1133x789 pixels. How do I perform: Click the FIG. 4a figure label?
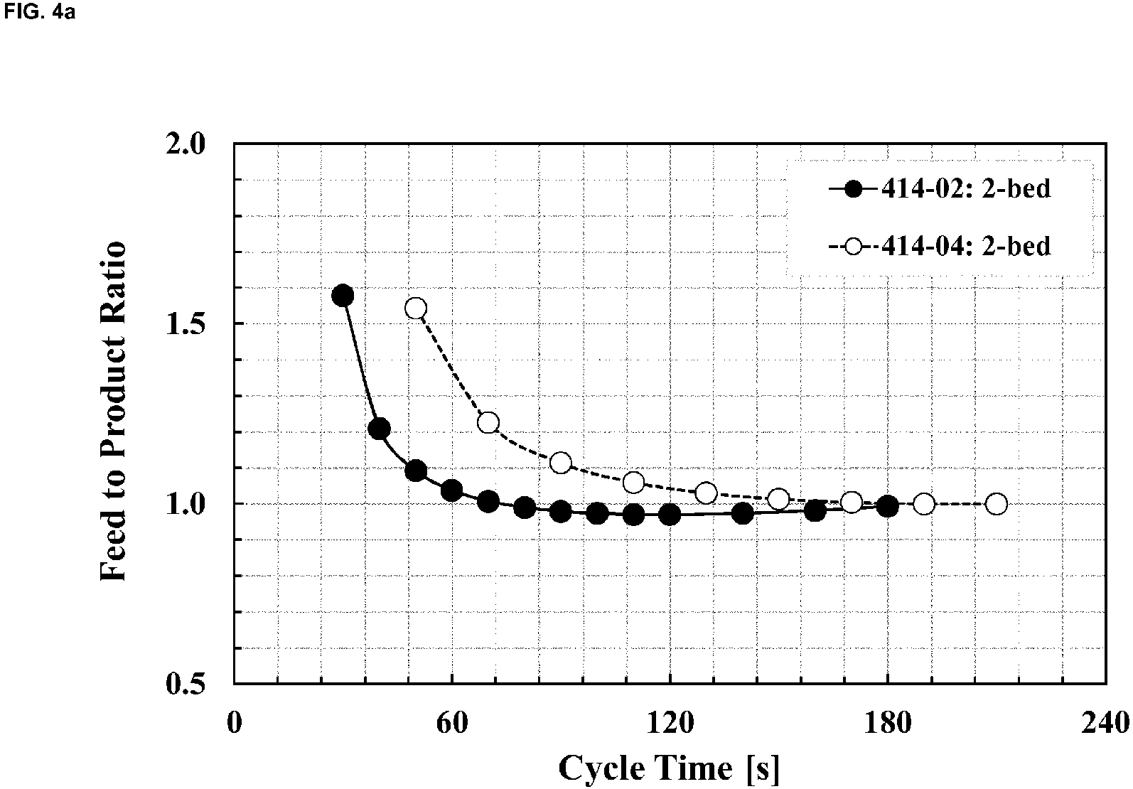40,11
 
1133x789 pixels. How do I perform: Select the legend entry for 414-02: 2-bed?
940,189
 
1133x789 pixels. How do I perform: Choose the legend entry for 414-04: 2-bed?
940,247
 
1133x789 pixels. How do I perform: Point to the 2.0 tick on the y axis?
186,144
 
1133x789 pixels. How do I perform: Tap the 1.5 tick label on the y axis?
186,323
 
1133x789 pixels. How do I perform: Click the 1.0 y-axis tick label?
186,504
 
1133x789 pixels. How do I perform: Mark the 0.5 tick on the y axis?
186,684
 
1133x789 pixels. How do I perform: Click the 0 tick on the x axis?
234,724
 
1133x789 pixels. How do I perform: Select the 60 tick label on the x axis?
452,724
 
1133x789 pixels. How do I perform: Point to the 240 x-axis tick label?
1106,724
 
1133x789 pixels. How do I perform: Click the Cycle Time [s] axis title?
670,768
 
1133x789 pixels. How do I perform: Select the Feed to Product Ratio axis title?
112,411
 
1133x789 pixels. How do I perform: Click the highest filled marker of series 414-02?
343,296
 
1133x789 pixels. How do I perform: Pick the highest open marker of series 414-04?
416,308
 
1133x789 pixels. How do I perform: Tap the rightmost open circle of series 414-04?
997,504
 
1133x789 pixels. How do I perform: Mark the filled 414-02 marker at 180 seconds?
888,506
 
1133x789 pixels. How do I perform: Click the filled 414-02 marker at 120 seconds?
670,515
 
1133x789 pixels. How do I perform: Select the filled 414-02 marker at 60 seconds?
451,490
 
